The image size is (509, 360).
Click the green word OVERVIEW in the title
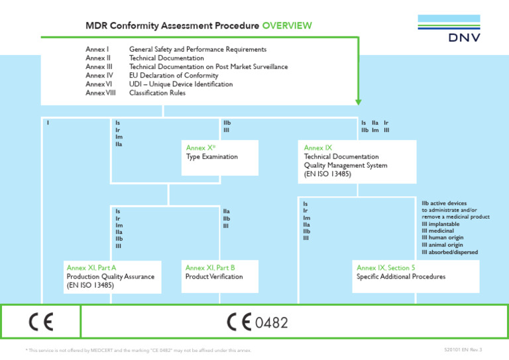pyautogui.click(x=286, y=26)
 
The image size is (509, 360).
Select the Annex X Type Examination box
pyautogui.click(x=219, y=157)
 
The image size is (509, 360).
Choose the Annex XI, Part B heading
pyautogui.click(x=210, y=268)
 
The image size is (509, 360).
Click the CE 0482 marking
pyautogui.click(x=258, y=322)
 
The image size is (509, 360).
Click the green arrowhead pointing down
pyautogui.click(x=358, y=101)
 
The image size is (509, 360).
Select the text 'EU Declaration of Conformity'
pyautogui.click(x=172, y=76)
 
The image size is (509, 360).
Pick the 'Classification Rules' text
pyautogui.click(x=157, y=93)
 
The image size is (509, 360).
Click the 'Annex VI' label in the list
pyautogui.click(x=99, y=84)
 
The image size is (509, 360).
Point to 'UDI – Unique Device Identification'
pyautogui.click(x=181, y=84)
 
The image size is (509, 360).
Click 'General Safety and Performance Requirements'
pyautogui.click(x=198, y=50)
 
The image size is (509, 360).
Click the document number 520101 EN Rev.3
pyautogui.click(x=463, y=349)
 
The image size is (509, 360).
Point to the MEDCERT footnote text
pyautogui.click(x=138, y=350)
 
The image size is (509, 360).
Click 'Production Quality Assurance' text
pyautogui.click(x=110, y=276)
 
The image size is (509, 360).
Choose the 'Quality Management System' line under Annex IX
pyautogui.click(x=345, y=166)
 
